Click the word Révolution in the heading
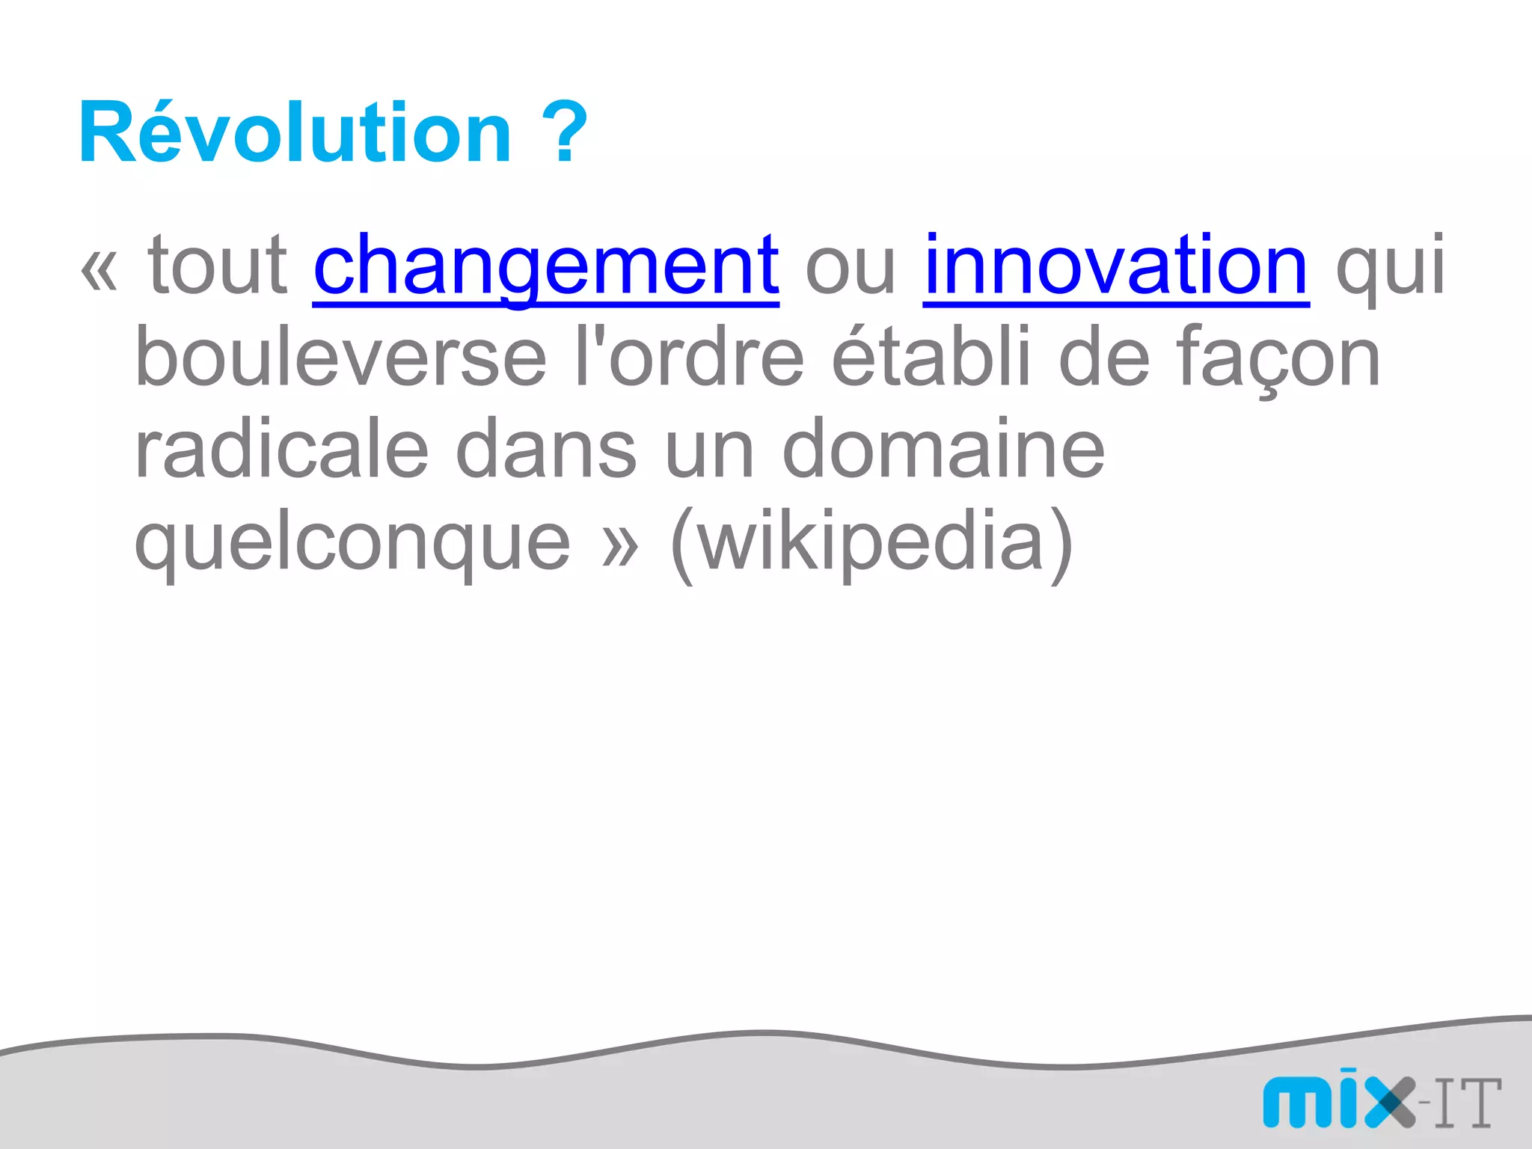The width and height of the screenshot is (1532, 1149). pos(295,133)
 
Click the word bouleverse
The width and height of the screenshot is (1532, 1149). pos(340,359)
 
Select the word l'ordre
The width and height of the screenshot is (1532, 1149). pos(689,359)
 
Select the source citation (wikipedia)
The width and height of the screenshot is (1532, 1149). pos(871,543)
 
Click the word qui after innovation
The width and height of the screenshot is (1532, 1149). pos(1390,268)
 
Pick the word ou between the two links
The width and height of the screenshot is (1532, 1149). pos(850,268)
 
